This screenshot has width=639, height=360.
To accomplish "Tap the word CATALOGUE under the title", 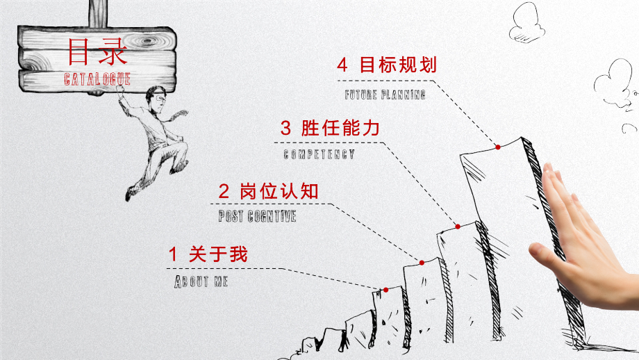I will click(97, 79).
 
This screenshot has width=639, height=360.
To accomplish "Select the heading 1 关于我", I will click(208, 255).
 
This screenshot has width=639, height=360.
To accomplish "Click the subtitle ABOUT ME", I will click(201, 281).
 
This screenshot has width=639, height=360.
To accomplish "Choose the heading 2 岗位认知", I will click(268, 190).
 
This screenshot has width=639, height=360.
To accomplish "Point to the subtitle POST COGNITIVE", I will click(257, 217).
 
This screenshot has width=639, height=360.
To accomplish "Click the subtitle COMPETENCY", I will click(319, 154).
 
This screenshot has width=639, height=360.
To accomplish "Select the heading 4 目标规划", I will click(386, 66).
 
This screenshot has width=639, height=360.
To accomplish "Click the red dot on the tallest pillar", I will click(498, 147).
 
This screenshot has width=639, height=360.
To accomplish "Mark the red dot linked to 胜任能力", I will click(458, 227).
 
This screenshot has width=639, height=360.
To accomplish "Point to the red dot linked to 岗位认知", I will click(422, 263).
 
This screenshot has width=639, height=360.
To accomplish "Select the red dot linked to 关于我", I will click(385, 290).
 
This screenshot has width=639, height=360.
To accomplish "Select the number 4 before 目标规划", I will click(342, 66).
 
